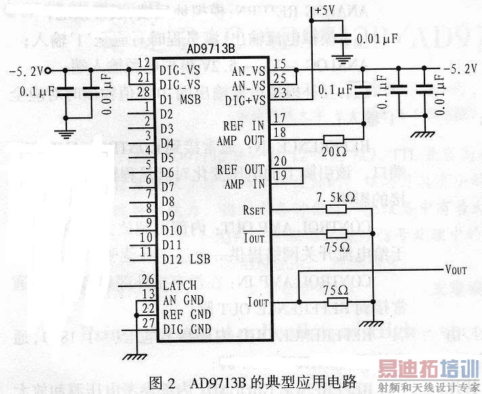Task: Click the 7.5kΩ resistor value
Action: [336, 198]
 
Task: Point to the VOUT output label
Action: [456, 269]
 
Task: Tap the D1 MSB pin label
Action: [185, 99]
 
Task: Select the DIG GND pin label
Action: [187, 330]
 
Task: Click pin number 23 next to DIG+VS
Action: [280, 93]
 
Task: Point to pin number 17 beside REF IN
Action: [279, 118]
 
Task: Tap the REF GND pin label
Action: [187, 315]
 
